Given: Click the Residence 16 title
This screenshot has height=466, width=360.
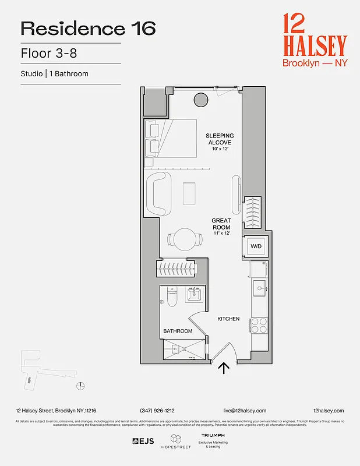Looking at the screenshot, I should click(x=88, y=29).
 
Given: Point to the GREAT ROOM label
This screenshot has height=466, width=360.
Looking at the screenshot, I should click(x=221, y=224).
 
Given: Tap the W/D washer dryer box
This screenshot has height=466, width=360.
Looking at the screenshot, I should click(x=256, y=246).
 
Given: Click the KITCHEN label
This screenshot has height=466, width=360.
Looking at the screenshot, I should click(x=228, y=319).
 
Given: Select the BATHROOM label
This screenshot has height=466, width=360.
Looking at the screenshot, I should click(x=177, y=331).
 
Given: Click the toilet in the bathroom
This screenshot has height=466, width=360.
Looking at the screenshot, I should click(x=171, y=297).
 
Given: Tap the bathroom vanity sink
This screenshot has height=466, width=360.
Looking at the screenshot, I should click(x=195, y=294).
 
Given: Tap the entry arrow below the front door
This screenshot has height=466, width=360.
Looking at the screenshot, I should click(x=223, y=368).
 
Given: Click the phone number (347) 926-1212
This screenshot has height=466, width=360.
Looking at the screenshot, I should click(x=157, y=411).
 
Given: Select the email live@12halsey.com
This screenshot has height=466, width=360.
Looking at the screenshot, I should click(x=245, y=411).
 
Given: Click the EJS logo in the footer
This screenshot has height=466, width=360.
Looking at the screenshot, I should click(x=143, y=441).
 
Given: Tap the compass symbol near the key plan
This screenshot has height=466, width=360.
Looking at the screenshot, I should click(x=82, y=384).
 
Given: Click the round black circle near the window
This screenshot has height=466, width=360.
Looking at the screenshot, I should click(x=200, y=100).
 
